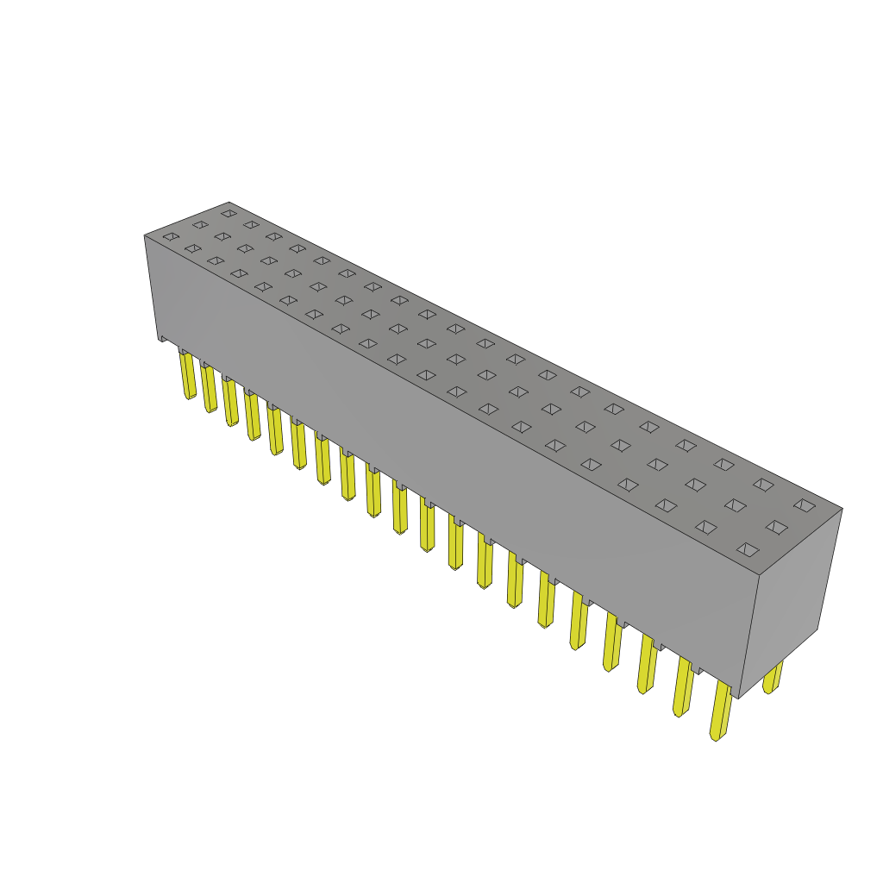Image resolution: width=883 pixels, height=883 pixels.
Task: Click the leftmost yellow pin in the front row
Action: [x=188, y=375]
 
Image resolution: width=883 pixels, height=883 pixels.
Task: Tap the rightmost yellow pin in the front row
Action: [x=721, y=711]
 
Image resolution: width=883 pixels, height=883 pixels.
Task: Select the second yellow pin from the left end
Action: [x=210, y=389]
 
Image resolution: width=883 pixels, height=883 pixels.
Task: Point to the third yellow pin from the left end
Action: [x=230, y=402]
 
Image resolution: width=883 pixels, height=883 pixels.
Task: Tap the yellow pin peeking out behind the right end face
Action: [x=773, y=678]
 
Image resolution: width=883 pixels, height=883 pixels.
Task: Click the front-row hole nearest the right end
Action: [x=748, y=549]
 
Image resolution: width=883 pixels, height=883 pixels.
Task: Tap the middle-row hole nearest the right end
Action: [x=776, y=527]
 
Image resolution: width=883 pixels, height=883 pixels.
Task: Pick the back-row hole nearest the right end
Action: [x=805, y=505]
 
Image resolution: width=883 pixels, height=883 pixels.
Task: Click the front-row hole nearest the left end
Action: [x=171, y=236]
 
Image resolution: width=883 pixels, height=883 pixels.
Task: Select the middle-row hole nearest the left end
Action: [x=200, y=224]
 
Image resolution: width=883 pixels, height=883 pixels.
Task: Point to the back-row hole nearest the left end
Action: [x=229, y=213]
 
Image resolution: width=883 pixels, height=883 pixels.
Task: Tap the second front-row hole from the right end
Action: [x=705, y=527]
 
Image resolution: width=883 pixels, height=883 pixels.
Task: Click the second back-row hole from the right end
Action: [x=763, y=485]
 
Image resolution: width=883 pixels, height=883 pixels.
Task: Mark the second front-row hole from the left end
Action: [x=192, y=248]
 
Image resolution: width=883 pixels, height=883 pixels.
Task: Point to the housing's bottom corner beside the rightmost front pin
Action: [x=738, y=695]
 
